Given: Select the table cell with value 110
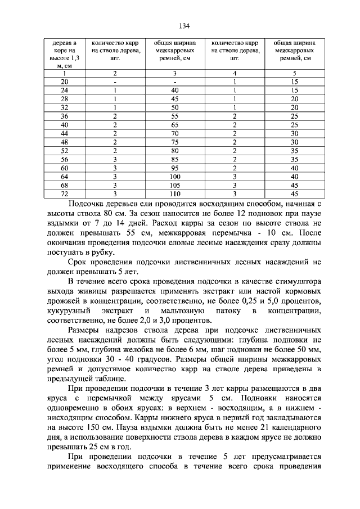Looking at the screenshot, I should click(x=174, y=193).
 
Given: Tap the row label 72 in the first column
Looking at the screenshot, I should click(x=64, y=193).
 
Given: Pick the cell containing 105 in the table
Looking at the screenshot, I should click(x=174, y=184).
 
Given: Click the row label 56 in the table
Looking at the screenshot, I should click(x=64, y=159).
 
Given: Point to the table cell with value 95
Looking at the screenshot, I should click(x=174, y=168).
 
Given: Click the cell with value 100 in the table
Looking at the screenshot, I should click(x=174, y=176).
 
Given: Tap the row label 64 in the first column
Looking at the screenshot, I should click(x=64, y=176).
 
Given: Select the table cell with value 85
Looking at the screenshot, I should click(x=174, y=159).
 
